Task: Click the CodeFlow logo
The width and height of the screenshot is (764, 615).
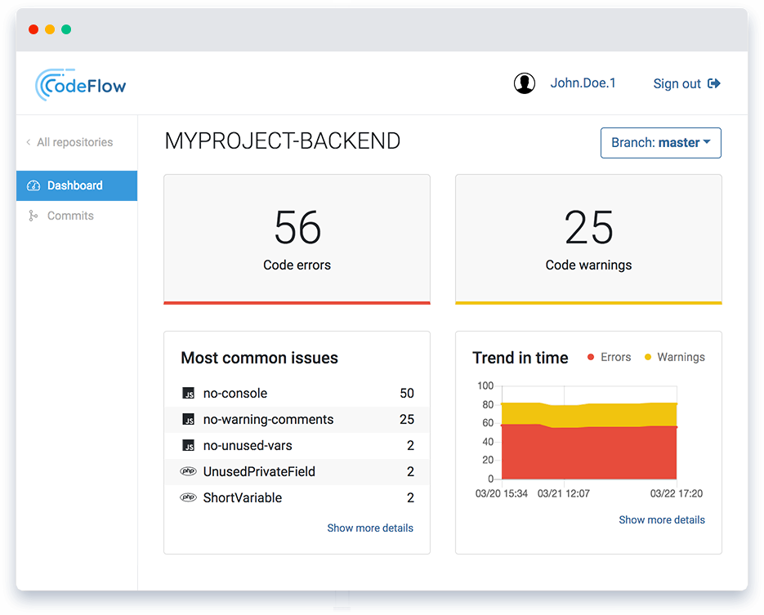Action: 81,84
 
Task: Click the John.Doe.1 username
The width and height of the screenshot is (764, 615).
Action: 583,83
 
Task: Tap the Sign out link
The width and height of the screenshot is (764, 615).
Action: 686,83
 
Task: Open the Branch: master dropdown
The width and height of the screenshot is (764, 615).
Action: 660,143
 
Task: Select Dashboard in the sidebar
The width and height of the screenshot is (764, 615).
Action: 75,185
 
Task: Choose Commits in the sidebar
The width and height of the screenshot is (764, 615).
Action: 70,216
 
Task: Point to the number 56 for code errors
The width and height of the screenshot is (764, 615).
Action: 297,227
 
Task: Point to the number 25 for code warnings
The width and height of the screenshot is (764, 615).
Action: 588,227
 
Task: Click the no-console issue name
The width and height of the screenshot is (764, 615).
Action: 235,394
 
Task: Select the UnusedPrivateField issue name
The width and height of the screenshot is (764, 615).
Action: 259,472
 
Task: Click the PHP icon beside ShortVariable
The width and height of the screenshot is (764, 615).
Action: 188,497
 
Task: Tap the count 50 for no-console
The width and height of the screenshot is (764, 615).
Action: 407,394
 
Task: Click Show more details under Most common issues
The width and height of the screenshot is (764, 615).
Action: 370,528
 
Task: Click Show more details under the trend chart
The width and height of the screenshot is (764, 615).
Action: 662,520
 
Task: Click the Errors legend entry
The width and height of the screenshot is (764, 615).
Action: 610,357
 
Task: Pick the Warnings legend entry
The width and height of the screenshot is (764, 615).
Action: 675,357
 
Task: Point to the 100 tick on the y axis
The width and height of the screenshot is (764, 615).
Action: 485,385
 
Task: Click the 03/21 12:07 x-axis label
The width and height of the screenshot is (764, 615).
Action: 563,494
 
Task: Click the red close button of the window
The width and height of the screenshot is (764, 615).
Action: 34,29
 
